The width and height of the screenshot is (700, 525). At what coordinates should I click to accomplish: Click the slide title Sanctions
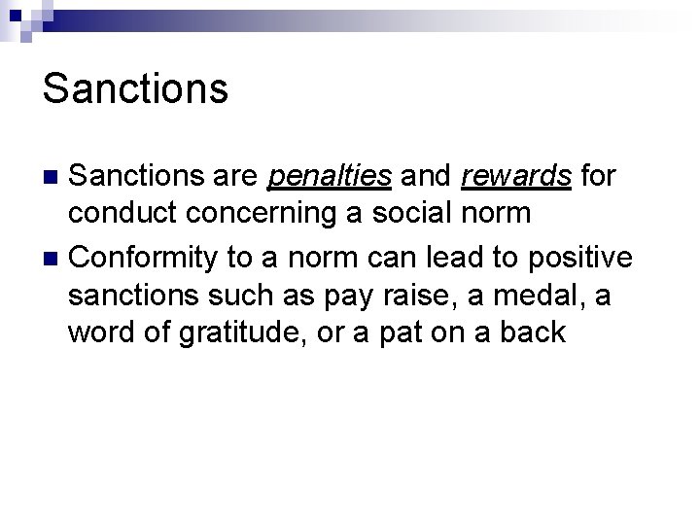(x=136, y=87)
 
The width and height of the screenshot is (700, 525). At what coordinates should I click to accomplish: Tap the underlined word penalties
(x=330, y=176)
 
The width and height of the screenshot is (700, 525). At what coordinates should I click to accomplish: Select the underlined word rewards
(x=516, y=176)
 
